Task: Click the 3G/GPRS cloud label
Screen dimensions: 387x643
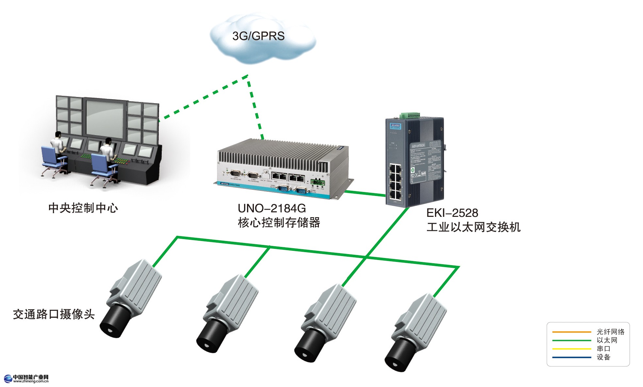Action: point(258,36)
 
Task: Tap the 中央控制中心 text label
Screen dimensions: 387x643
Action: point(83,208)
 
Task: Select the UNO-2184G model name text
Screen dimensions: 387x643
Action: point(272,208)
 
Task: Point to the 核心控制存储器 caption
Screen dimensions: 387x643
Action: point(279,223)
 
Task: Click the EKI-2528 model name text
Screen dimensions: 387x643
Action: point(452,213)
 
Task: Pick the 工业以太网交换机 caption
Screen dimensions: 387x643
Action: point(473,227)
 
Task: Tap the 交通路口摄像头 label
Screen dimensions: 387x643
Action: point(54,314)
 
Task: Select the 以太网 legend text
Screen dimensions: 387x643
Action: point(607,340)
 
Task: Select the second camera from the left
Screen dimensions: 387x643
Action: point(229,314)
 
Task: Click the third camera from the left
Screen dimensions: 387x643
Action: point(327,322)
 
